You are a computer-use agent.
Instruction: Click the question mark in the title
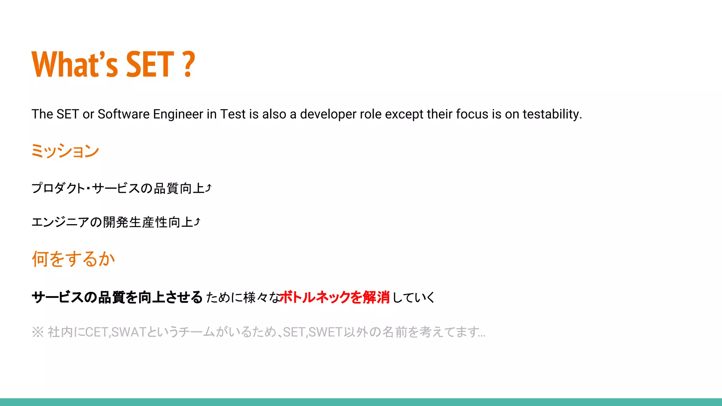click(x=189, y=64)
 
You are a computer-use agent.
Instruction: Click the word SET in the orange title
click(x=150, y=64)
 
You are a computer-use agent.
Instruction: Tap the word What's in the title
click(x=74, y=64)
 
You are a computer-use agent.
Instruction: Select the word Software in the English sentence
click(x=123, y=114)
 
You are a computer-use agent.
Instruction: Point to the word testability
click(x=552, y=114)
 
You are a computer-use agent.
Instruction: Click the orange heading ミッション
click(x=65, y=151)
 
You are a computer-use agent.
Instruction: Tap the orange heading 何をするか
click(x=73, y=259)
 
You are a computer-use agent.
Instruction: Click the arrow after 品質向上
click(x=208, y=188)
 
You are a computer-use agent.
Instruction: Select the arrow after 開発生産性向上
click(x=197, y=222)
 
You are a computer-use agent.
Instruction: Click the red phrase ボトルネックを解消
click(x=335, y=297)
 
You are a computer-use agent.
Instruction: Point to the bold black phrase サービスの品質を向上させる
click(x=117, y=297)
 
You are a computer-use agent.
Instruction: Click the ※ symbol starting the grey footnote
click(x=37, y=332)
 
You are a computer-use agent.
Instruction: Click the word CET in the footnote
click(x=97, y=332)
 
